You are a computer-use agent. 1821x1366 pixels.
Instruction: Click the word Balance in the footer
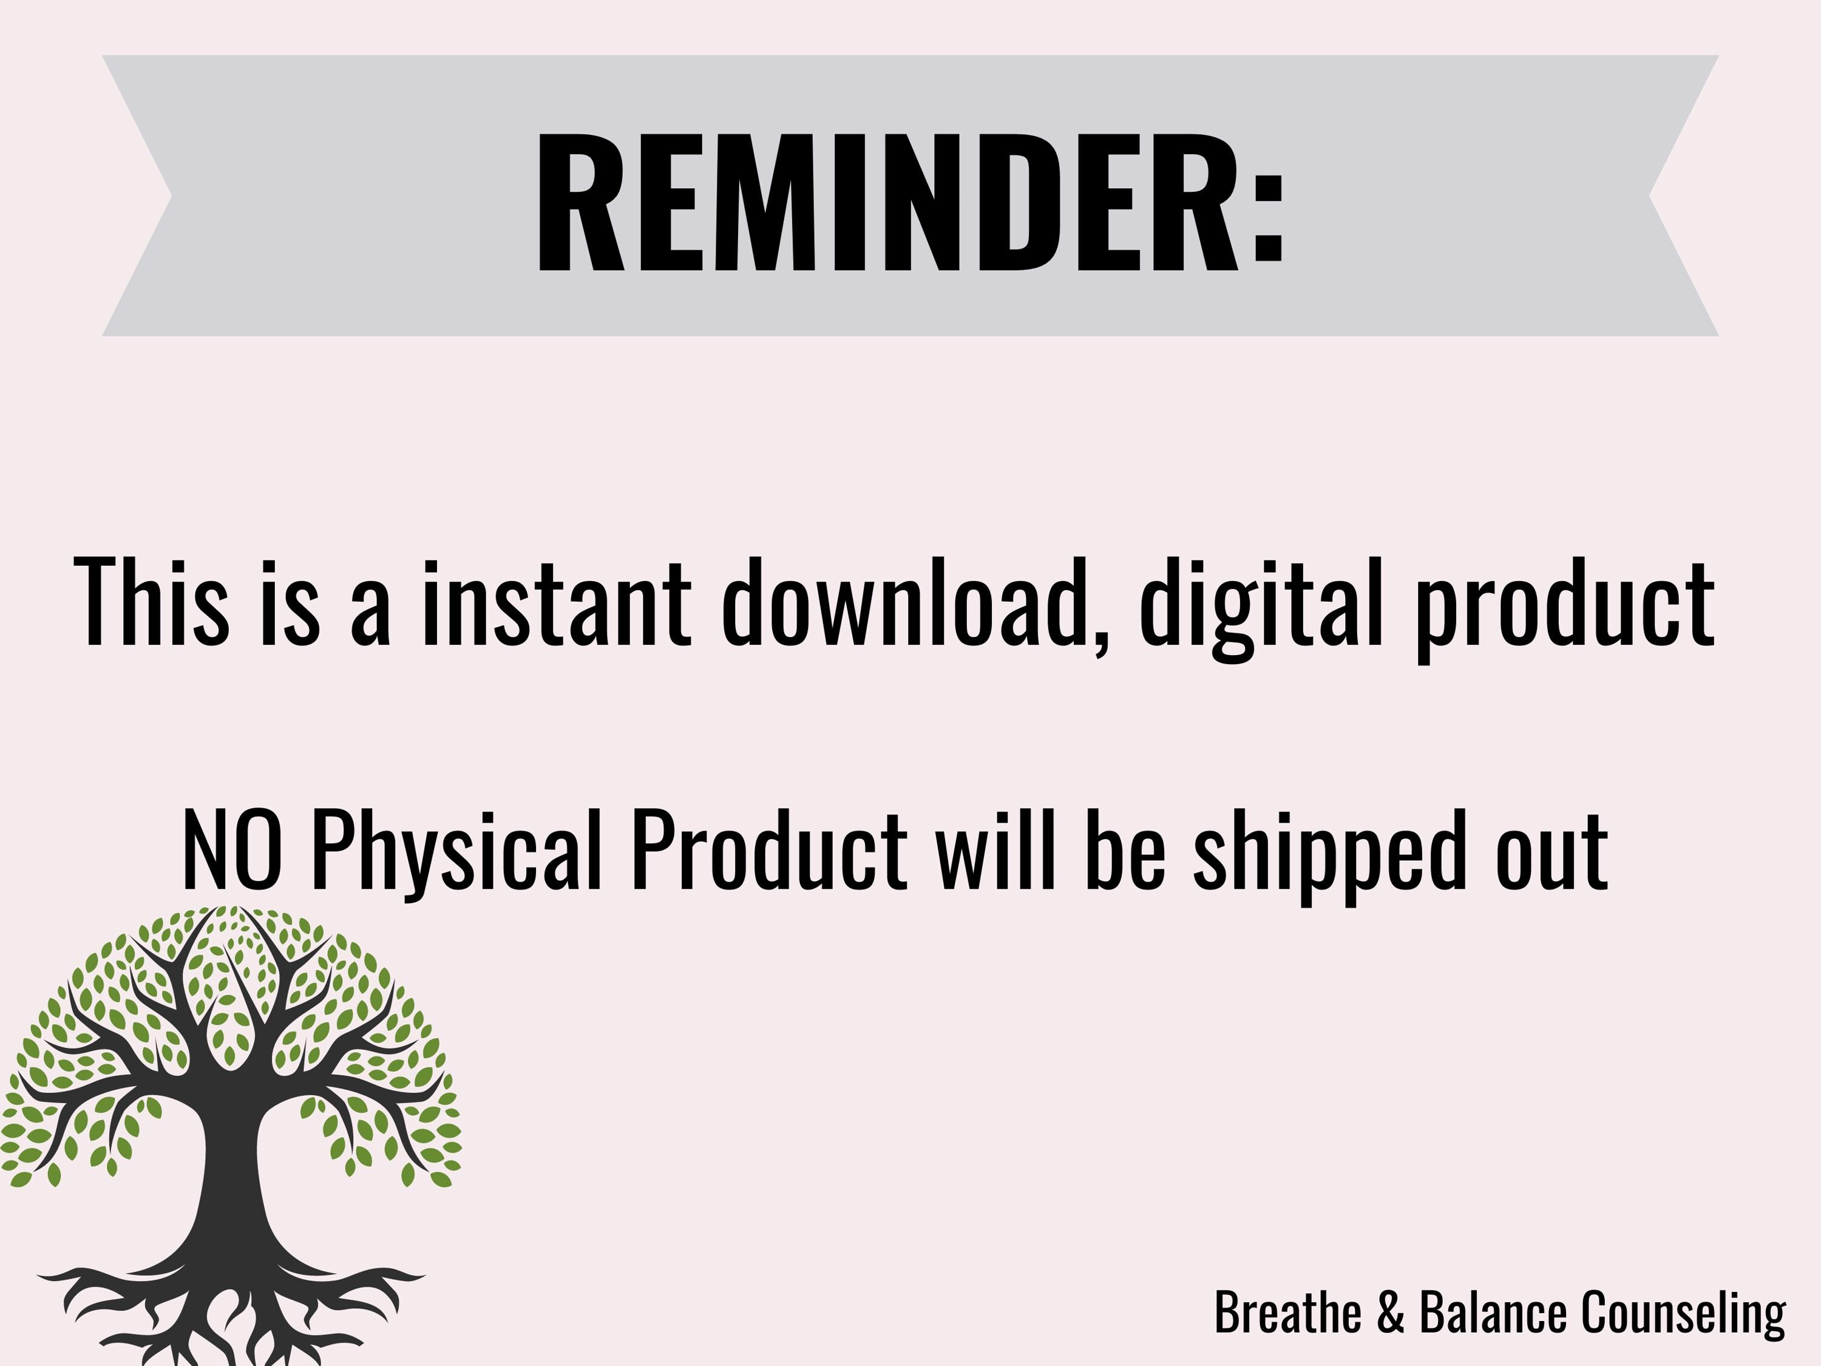(1493, 1311)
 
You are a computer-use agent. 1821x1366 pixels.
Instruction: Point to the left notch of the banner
(171, 196)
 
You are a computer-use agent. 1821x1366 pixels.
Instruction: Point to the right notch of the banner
(1650, 196)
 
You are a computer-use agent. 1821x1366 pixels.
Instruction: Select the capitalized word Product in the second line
(769, 850)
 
